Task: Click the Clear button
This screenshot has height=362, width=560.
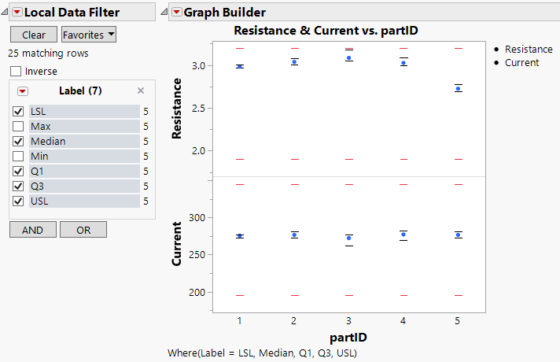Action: [x=33, y=35]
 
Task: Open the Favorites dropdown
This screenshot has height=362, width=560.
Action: [x=88, y=35]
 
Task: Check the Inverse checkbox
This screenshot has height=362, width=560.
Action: [x=17, y=72]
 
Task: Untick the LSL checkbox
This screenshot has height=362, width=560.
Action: [x=18, y=112]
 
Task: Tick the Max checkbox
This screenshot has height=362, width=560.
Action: [x=18, y=127]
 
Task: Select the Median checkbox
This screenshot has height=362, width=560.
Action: [x=18, y=142]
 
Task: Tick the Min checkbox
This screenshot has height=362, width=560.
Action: [x=18, y=157]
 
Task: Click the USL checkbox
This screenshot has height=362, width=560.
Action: [x=18, y=201]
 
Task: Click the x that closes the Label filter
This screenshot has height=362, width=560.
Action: [x=141, y=90]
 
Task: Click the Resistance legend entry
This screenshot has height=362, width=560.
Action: [x=528, y=49]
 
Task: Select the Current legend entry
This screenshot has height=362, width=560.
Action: [x=521, y=62]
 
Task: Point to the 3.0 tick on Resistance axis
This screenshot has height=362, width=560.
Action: [x=202, y=65]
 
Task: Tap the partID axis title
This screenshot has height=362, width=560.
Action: [x=348, y=337]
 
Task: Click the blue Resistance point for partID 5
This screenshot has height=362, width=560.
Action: [x=459, y=88]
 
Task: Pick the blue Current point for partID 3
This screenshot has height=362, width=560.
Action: [x=348, y=238]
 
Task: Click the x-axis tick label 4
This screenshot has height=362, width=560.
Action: [x=403, y=321]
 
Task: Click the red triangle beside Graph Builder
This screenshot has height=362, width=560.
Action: [x=176, y=12]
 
